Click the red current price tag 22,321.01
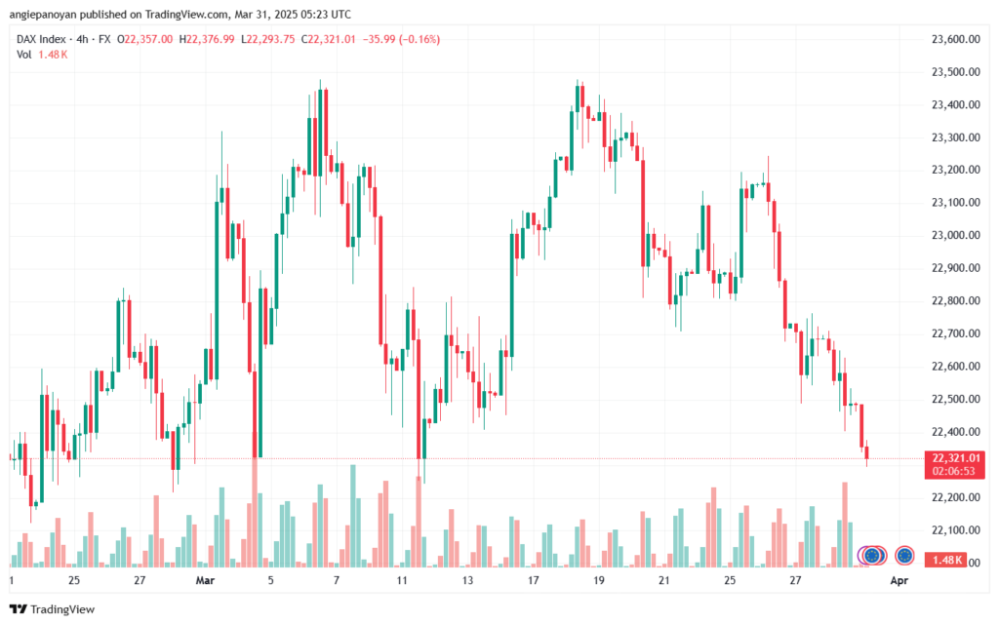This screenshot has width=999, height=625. [x=955, y=458]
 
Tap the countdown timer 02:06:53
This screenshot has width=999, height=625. [x=955, y=470]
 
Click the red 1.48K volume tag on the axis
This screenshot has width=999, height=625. [x=948, y=561]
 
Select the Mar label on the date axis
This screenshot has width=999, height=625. [x=205, y=580]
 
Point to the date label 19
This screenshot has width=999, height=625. [x=598, y=580]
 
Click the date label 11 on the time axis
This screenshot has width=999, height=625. [x=402, y=580]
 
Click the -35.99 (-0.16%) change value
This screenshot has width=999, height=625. [x=400, y=39]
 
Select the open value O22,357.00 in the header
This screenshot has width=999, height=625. [x=145, y=39]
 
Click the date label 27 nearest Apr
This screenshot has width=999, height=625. [x=796, y=580]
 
